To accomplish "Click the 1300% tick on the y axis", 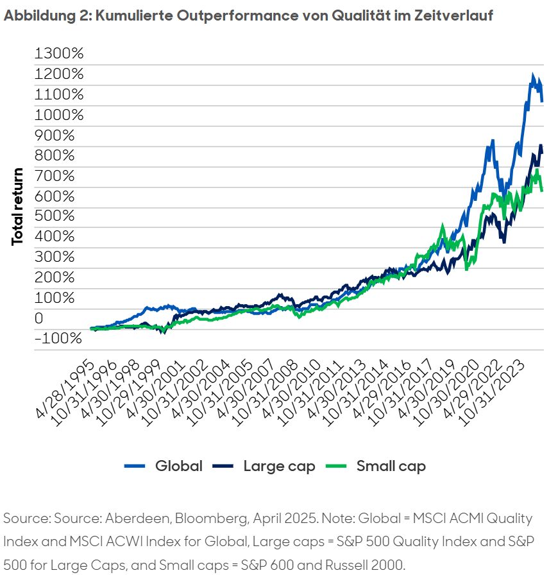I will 59,53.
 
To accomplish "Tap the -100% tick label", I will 58,338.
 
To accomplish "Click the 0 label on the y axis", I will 40,318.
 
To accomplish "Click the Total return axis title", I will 18,206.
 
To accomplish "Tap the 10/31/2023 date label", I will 500,389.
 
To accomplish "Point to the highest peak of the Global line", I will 532,76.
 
